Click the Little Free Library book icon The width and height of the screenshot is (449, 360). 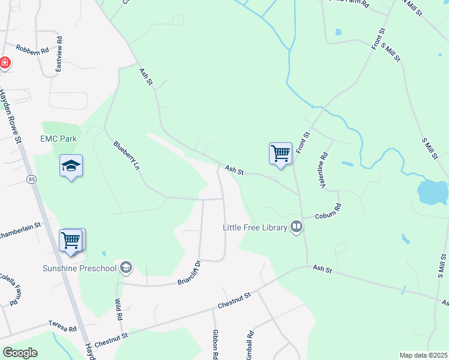click(x=296, y=227)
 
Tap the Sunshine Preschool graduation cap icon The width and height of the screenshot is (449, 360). click(x=125, y=267)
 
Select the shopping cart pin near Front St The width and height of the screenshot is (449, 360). click(x=280, y=154)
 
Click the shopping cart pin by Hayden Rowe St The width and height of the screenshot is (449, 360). click(x=71, y=240)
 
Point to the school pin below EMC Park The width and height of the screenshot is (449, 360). click(x=71, y=166)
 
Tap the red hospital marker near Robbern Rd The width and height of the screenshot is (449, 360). click(x=4, y=62)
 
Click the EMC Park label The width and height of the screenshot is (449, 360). click(x=58, y=139)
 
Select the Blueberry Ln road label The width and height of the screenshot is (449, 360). click(x=126, y=155)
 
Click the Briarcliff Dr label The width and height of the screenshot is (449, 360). click(x=188, y=272)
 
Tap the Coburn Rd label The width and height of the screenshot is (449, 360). click(x=329, y=211)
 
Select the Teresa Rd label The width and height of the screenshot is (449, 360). click(x=64, y=329)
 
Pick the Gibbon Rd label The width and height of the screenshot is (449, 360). click(x=215, y=344)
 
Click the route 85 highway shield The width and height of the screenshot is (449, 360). click(x=30, y=179)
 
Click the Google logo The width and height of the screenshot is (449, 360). click(x=20, y=353)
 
